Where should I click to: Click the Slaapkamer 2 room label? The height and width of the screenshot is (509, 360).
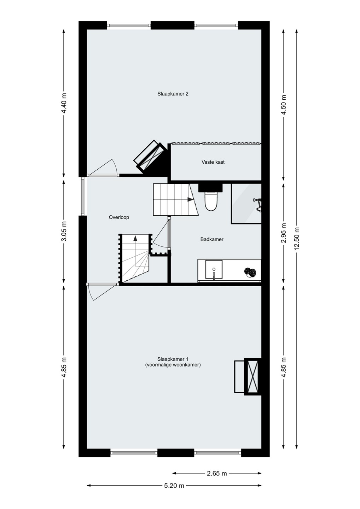[x=173, y=94]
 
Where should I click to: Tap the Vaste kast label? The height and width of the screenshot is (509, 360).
[x=213, y=162]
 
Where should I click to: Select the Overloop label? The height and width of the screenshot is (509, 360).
[x=119, y=217]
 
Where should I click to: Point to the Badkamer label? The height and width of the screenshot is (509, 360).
[x=212, y=239]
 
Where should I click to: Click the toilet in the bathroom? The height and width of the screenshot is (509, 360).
[x=211, y=201]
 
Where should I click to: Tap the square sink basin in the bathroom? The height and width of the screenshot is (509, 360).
[x=214, y=269]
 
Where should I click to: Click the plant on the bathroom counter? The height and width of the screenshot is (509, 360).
[x=250, y=272]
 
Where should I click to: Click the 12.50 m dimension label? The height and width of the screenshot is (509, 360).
[x=297, y=239]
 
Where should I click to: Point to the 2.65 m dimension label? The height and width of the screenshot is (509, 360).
[x=217, y=473]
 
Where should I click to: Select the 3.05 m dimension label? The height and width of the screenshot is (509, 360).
[x=64, y=231]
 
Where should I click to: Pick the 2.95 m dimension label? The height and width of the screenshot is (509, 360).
[x=284, y=233]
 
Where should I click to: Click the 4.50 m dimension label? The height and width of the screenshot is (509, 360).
[x=284, y=105]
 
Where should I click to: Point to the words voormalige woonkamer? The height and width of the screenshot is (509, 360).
[x=173, y=365]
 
